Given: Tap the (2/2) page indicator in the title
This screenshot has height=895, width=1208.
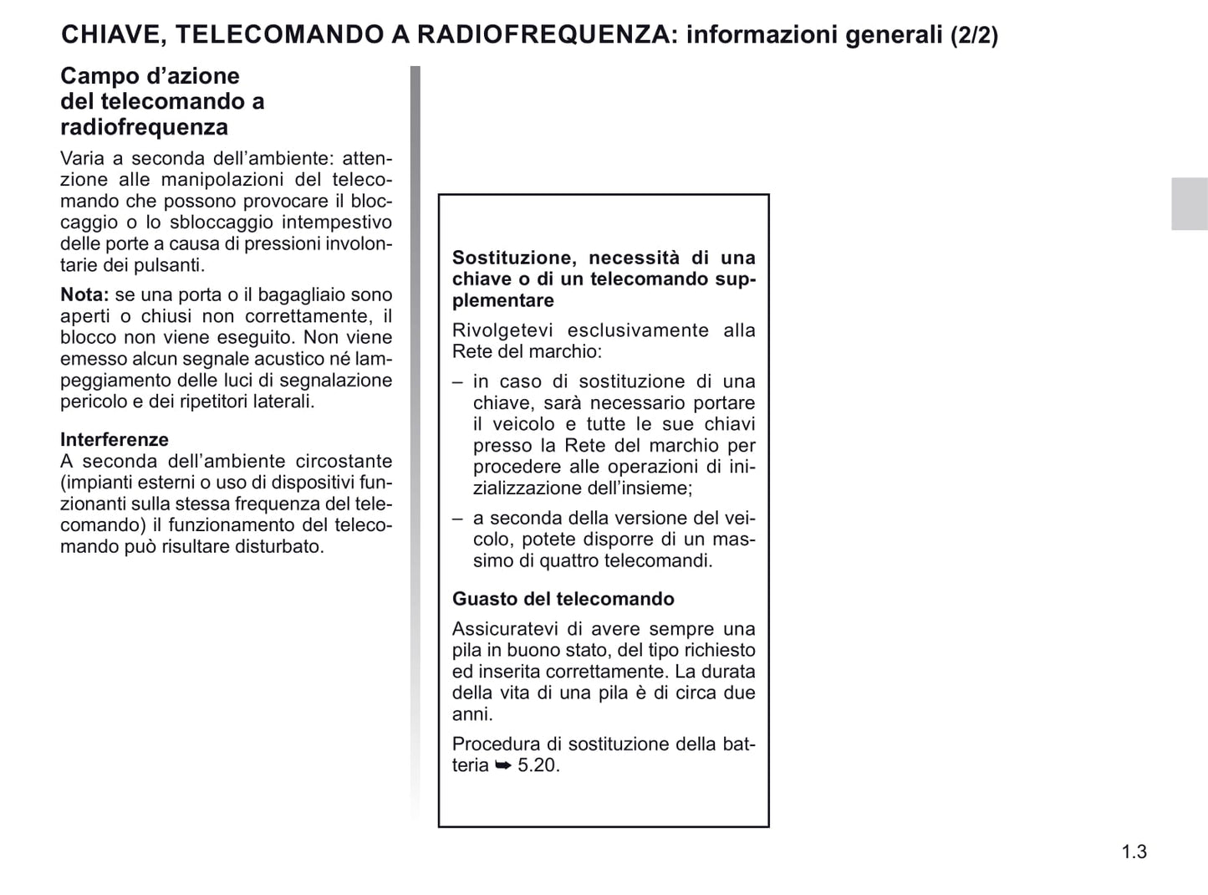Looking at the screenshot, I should pos(974,35).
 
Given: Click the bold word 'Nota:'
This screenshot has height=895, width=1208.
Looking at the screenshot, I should pos(84,294).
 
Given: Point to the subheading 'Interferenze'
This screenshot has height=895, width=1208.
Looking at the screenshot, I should pos(115,439).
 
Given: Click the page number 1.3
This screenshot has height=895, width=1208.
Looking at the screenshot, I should pos(1134,852).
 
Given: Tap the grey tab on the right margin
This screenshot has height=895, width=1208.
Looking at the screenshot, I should pos(1189,203).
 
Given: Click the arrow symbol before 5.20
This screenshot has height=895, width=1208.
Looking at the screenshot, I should pos(502,765).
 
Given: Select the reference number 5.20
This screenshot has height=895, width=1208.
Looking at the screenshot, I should pos(538,765).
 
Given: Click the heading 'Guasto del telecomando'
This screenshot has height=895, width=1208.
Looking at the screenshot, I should pos(563,599).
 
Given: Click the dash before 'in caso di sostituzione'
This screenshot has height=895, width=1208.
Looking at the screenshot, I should pos(457,381).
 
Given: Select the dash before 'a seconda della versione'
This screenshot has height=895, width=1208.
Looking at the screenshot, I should pos(457,519).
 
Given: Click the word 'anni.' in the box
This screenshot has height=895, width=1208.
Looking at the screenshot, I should pos(472,714).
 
